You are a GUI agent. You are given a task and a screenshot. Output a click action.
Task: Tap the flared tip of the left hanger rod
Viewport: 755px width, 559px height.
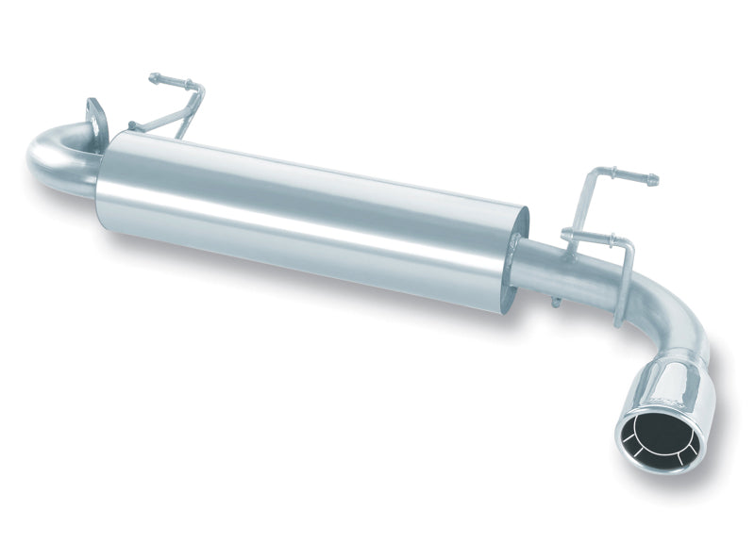pyautogui.click(x=153, y=78)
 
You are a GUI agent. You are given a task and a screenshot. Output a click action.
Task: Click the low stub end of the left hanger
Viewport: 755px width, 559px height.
pyautogui.click(x=134, y=125)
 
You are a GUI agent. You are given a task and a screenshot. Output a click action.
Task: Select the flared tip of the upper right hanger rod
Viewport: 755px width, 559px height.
pyautogui.click(x=651, y=180)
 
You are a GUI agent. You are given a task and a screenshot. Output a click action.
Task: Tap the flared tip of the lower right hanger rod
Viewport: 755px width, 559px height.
pyautogui.click(x=565, y=233)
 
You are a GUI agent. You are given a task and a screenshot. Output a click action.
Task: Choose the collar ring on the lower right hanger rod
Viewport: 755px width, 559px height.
pyautogui.click(x=590, y=238)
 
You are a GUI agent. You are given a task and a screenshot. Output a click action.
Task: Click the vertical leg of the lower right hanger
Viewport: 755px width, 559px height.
pyautogui.click(x=623, y=283)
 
